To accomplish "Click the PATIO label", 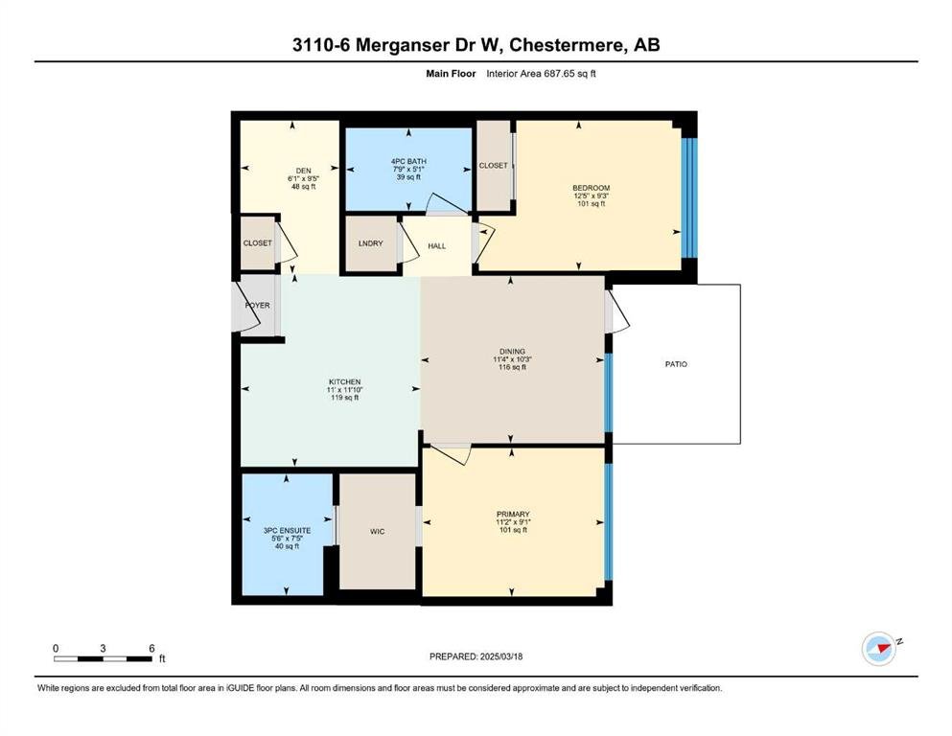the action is point(676,364).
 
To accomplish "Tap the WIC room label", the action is point(377,532).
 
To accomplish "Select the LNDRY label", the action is point(370,243).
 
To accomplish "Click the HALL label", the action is point(436,246).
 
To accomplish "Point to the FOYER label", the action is point(258,305).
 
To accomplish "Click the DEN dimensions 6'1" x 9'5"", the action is point(304,179).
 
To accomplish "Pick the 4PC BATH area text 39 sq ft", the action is point(408,177).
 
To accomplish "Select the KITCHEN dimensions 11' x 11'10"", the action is point(345,389).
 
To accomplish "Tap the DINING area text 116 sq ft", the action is point(512,367).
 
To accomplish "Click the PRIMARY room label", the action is point(513,514).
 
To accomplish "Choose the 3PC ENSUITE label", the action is point(288,530).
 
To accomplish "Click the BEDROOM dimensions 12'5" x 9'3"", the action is point(592,196).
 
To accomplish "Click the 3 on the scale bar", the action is point(104,648).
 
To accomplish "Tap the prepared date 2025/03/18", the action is point(501,656).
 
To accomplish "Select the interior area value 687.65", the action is point(555,74).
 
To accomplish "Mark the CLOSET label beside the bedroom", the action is point(493,165).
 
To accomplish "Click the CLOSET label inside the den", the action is point(258,242).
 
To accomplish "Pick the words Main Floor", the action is point(452,74).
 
